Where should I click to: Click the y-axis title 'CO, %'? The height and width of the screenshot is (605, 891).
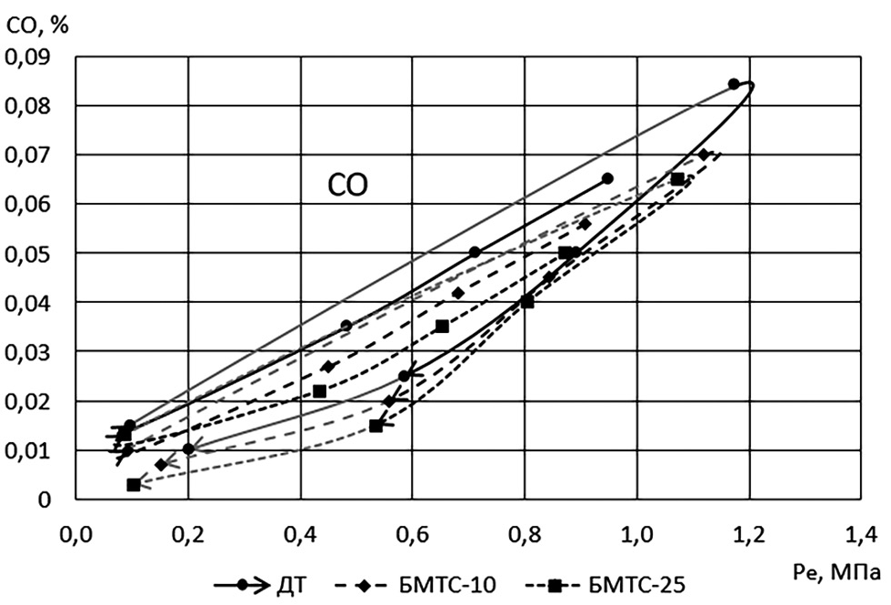(x=35, y=23)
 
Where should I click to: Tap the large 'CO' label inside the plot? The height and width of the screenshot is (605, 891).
(x=348, y=186)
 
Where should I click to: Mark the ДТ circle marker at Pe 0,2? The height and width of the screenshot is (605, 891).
(x=188, y=449)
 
